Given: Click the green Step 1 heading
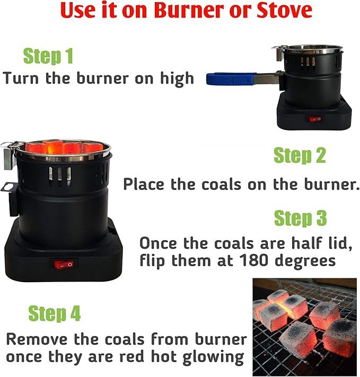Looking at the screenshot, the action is [48, 56].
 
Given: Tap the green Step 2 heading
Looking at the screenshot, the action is [300, 155].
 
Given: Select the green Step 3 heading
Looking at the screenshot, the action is [301, 218].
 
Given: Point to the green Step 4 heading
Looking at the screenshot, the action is [55, 313].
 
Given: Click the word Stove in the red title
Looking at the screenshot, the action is [285, 10].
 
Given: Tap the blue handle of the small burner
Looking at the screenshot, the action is [231, 78].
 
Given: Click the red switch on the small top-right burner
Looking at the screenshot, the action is [315, 119].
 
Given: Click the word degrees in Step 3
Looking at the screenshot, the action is [305, 261].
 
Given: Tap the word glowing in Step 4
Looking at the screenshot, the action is [214, 357].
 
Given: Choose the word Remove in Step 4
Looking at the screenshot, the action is [37, 339].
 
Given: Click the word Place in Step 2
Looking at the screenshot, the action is [144, 185].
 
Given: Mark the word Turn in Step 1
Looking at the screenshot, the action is [21, 78].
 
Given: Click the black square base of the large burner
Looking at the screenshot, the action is [64, 255].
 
